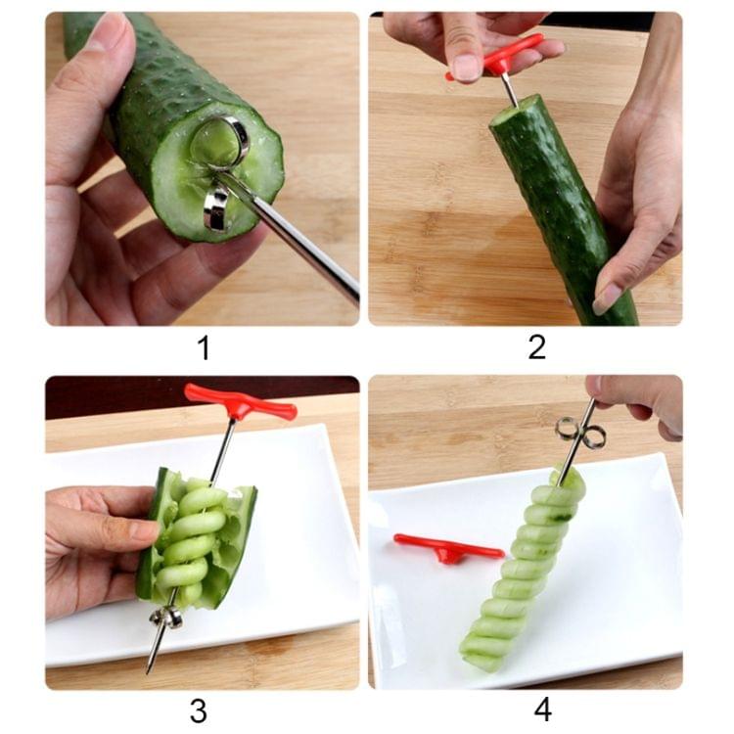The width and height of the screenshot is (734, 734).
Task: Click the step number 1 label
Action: (203, 347)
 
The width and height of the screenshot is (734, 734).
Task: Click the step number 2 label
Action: (536, 347)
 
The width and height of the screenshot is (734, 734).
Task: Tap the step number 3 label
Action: (199, 711)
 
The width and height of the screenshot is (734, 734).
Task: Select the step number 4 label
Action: (542, 711)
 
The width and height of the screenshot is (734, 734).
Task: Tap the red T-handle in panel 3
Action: (240, 401)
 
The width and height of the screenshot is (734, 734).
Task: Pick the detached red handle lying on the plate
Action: (447, 548)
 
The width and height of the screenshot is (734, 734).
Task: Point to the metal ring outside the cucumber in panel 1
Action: (215, 207)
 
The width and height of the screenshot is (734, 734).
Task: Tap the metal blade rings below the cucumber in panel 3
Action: (165, 617)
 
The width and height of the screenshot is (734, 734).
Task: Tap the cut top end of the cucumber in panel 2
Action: (516, 110)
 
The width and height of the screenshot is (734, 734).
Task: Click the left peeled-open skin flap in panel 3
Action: (152, 533)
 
